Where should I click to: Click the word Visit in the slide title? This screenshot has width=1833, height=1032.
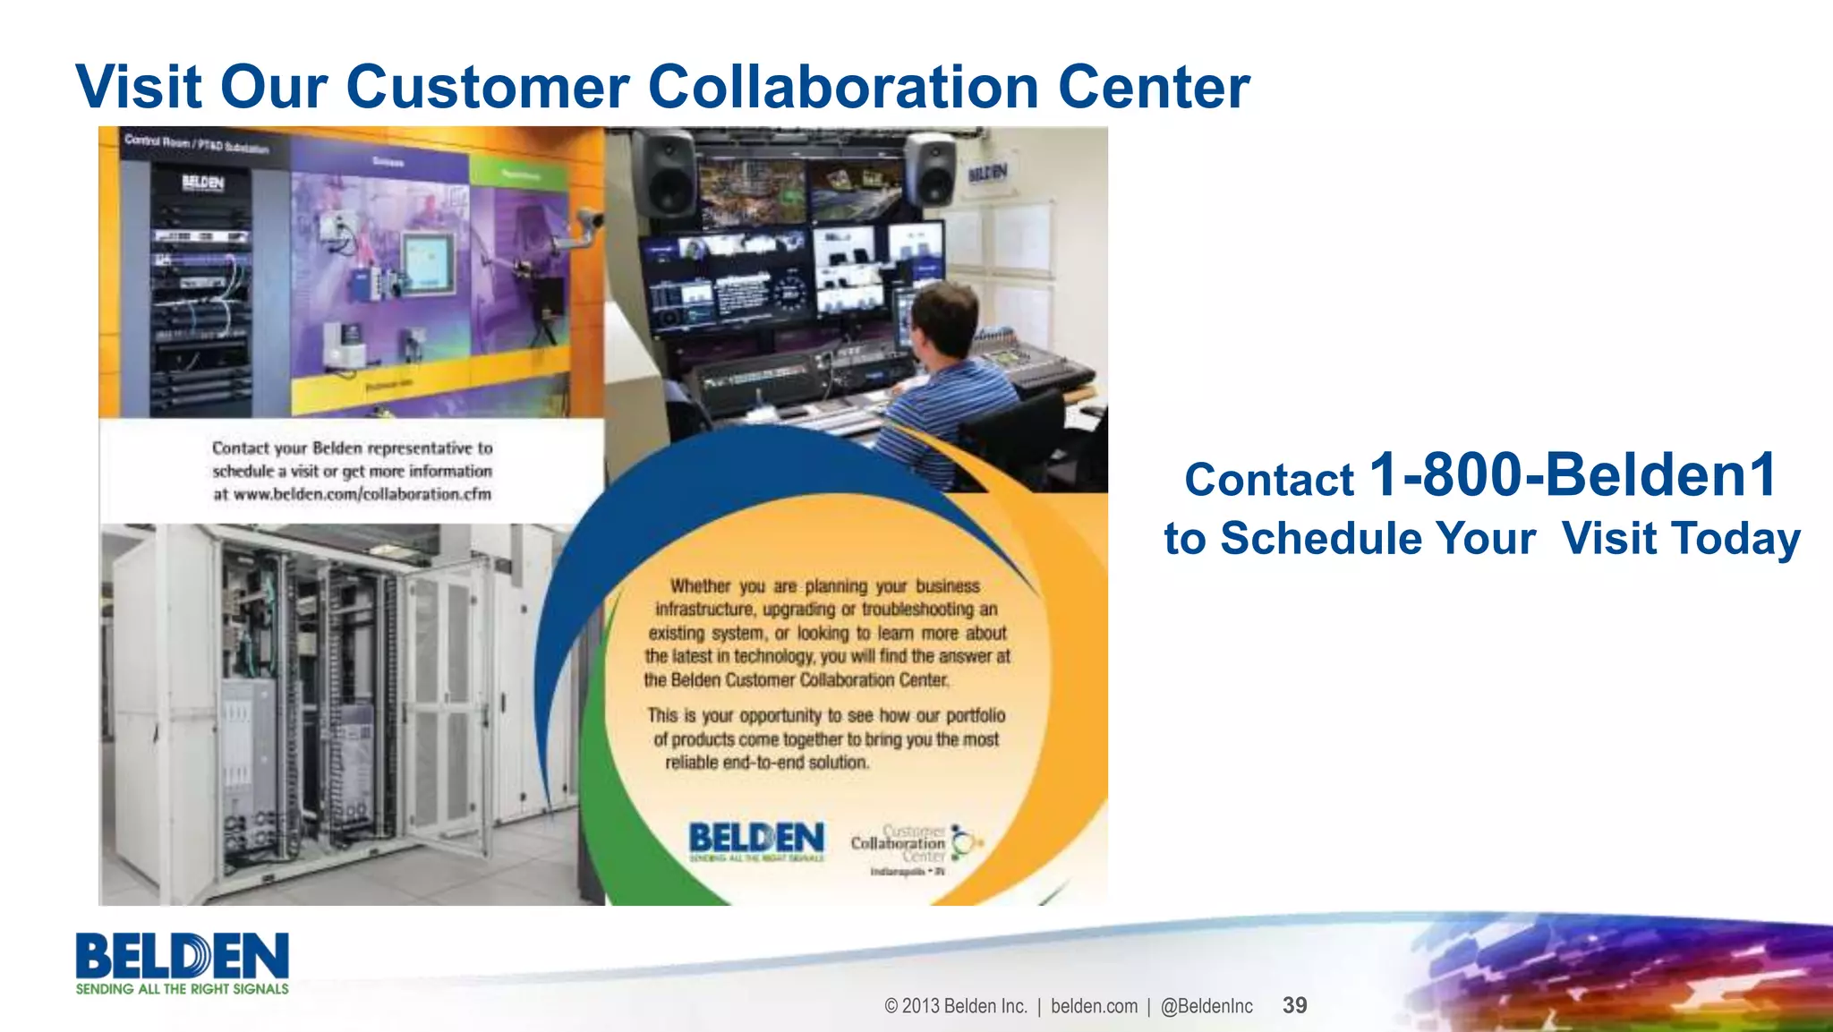click(x=139, y=87)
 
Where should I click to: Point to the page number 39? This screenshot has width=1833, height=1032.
click(x=1294, y=1005)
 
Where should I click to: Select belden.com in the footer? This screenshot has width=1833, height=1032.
click(x=1094, y=1006)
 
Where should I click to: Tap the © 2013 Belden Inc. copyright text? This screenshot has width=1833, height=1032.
click(x=955, y=1006)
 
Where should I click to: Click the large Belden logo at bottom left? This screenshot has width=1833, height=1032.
click(x=183, y=956)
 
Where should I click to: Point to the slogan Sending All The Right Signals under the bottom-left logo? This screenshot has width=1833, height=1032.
click(x=183, y=989)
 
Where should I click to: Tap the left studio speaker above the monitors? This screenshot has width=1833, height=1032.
click(x=665, y=175)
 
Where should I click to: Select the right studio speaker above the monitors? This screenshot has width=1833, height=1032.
click(x=931, y=170)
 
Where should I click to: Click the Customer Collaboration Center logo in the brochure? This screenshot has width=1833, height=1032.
click(x=915, y=846)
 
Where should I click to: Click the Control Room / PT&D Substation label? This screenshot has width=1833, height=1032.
click(x=196, y=143)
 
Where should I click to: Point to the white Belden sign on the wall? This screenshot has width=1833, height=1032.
click(x=987, y=173)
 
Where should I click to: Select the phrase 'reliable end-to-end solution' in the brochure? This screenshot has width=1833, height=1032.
click(x=767, y=763)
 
